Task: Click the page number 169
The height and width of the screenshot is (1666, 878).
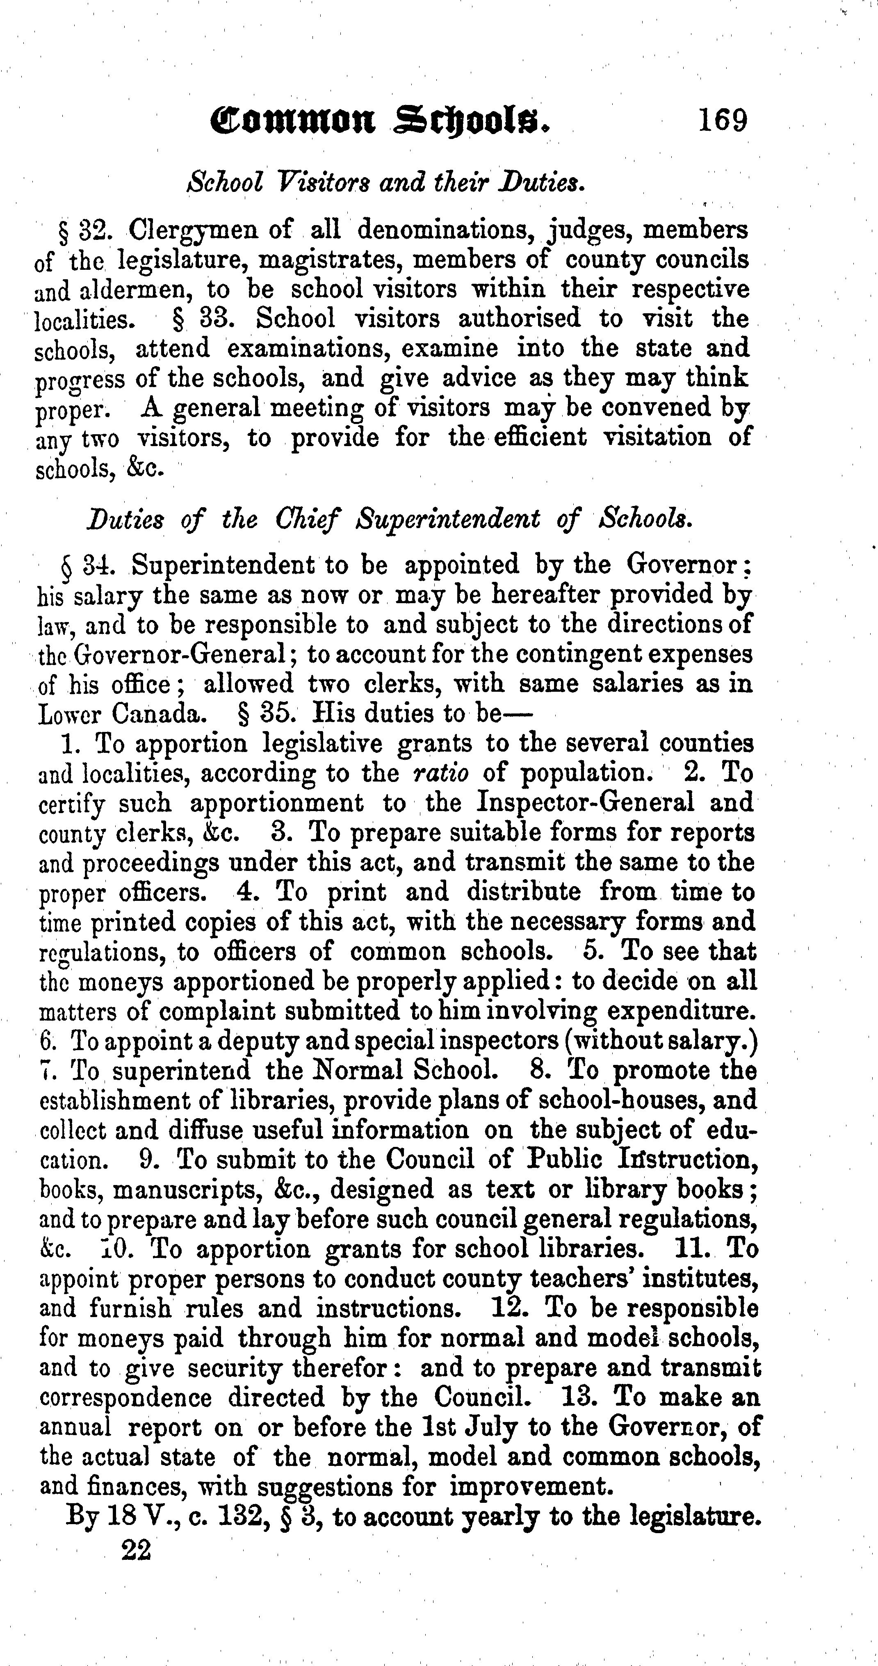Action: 722,120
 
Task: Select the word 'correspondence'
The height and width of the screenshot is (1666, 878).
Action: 125,1397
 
